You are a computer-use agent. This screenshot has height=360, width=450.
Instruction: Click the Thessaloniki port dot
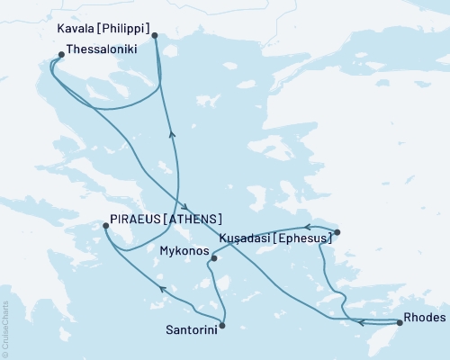pos(60,54)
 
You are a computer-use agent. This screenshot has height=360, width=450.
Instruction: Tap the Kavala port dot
pos(155,36)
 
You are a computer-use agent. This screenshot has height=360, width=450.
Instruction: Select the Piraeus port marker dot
pos(105,228)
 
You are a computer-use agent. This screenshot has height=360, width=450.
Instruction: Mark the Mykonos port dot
pos(212,259)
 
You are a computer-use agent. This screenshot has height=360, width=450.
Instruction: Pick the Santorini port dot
pos(222,325)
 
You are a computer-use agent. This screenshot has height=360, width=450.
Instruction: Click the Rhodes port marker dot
pos(399,321)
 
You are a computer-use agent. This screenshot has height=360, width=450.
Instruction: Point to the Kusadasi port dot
pos(337,232)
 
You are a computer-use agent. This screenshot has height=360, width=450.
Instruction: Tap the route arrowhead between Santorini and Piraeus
pos(162,288)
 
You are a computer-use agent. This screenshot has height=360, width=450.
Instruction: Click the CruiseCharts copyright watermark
pos(6,328)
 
